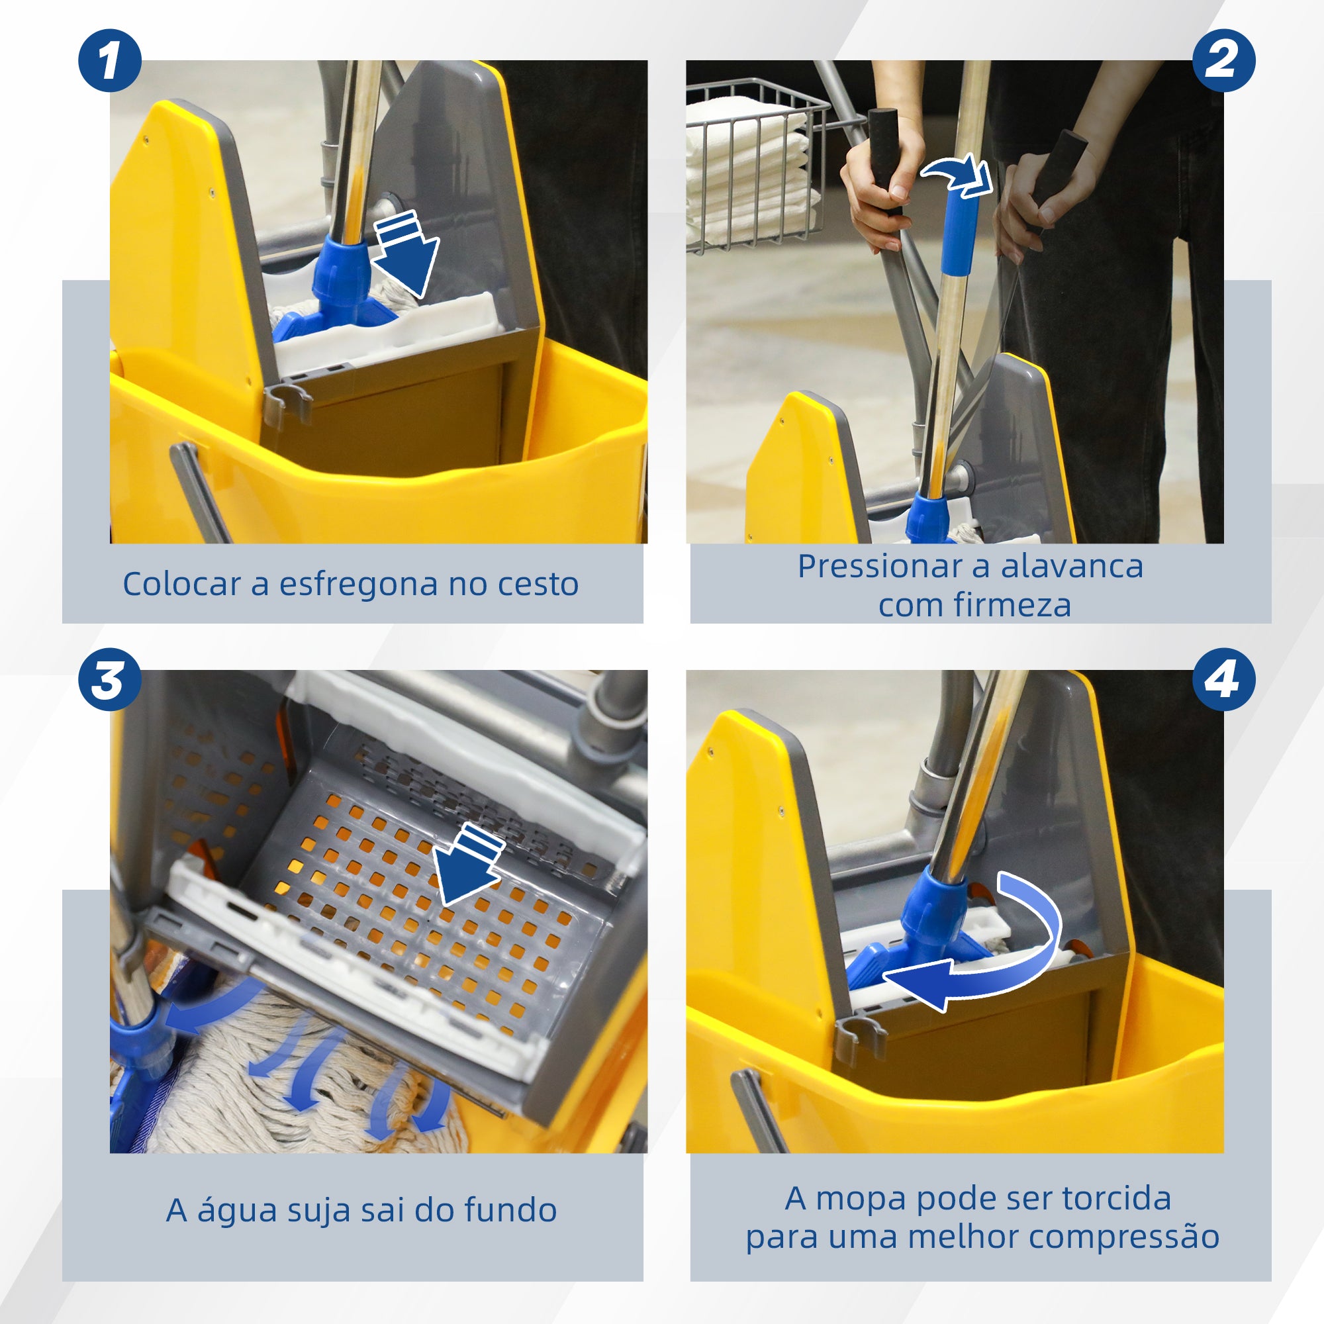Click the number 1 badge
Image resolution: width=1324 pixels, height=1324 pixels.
tap(110, 60)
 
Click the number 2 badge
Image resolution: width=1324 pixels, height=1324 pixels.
tap(1224, 60)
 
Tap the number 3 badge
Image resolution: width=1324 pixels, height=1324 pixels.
tap(110, 679)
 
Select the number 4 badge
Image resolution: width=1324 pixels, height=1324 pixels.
tap(1224, 679)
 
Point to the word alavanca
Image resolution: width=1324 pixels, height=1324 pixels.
tap(1071, 567)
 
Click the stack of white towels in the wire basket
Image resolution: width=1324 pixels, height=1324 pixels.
tap(747, 171)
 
